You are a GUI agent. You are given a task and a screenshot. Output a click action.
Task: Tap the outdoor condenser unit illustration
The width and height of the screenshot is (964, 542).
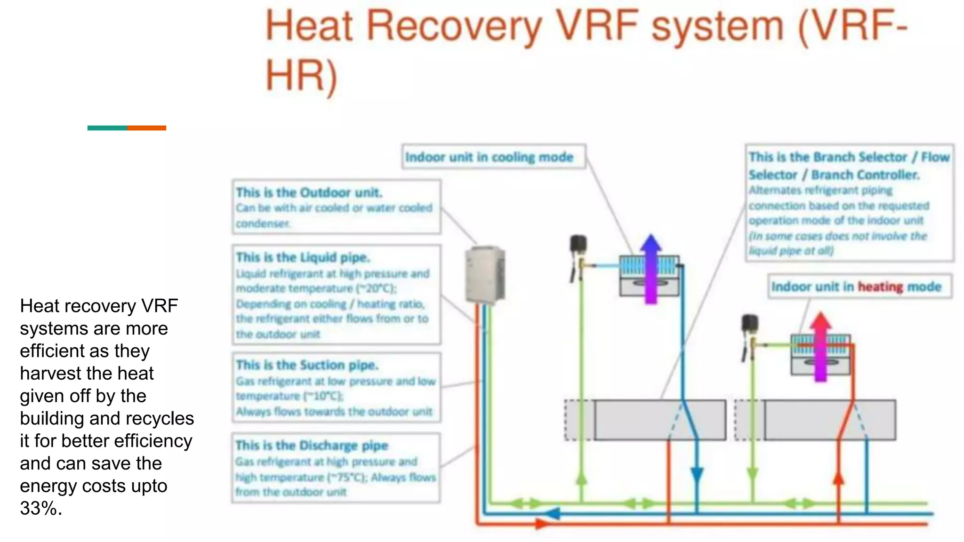pyautogui.click(x=485, y=275)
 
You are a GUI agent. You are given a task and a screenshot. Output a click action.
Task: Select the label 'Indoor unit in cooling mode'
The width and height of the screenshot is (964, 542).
pyautogui.click(x=490, y=157)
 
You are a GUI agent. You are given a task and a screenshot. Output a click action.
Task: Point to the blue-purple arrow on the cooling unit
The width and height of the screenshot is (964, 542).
pyautogui.click(x=651, y=268)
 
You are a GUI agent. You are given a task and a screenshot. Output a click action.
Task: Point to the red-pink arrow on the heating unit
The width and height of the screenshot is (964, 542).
pyautogui.click(x=820, y=346)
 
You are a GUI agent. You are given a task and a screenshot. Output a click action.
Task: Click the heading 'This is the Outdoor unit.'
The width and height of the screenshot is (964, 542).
pyautogui.click(x=309, y=192)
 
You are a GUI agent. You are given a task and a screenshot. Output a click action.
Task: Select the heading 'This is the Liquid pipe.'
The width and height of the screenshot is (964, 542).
pyautogui.click(x=303, y=257)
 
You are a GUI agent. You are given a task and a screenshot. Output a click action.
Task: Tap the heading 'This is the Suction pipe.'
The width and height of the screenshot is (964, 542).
pyautogui.click(x=307, y=365)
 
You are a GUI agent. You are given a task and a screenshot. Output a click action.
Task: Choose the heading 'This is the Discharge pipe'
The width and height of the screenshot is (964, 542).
pyautogui.click(x=312, y=445)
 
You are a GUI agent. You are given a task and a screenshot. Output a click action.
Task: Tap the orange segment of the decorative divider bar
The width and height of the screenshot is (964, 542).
pyautogui.click(x=146, y=128)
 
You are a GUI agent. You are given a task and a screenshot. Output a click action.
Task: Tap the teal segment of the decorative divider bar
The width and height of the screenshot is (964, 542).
pyautogui.click(x=107, y=128)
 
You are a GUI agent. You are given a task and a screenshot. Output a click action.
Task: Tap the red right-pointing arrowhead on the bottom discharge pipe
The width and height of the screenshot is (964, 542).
pyautogui.click(x=541, y=524)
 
